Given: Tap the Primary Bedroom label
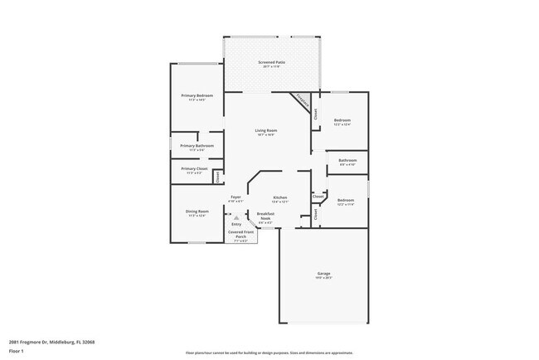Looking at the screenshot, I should click(197, 96).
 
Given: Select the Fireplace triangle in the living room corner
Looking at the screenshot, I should click(304, 104).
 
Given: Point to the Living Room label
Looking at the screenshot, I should click(265, 131).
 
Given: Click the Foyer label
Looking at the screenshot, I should click(236, 197).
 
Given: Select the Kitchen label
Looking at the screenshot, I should click(280, 197).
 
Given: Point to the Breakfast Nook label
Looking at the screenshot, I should click(265, 216).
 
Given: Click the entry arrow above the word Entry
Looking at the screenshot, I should click(236, 217).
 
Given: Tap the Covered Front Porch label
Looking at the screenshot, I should click(241, 235).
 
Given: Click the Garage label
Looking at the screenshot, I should click(324, 274).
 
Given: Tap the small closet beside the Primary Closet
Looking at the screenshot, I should click(218, 175).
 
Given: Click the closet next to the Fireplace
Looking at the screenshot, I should click(315, 115).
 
